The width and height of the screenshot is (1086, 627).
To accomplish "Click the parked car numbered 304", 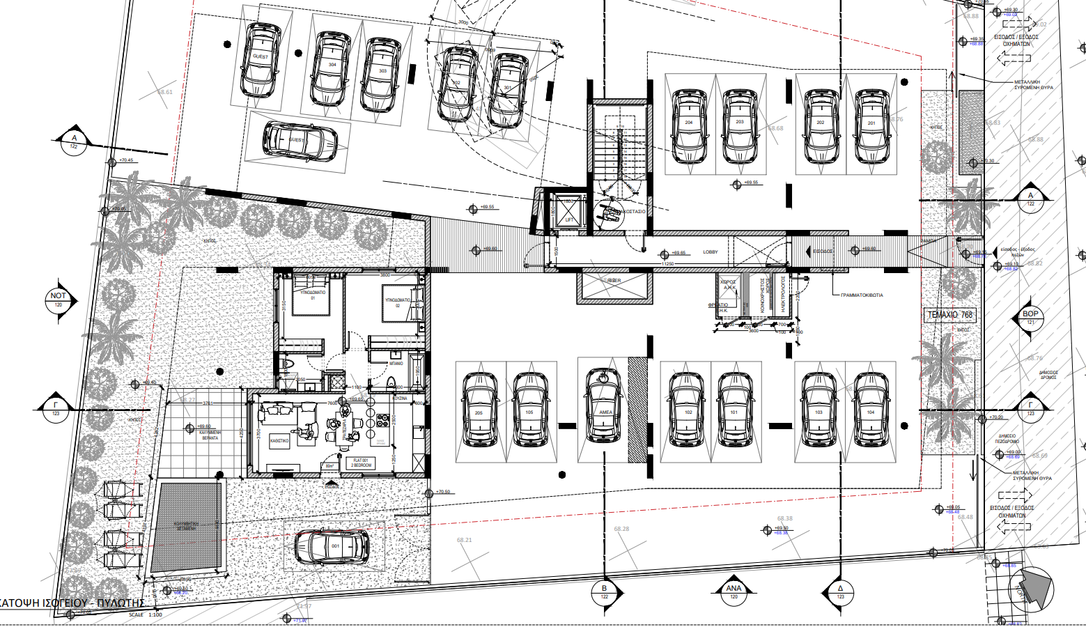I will (x=331, y=68).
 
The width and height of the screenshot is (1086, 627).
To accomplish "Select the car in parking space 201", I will (x=871, y=126).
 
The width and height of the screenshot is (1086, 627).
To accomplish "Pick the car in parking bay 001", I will (x=332, y=547).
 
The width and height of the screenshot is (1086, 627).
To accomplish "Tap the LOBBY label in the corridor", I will (x=710, y=252).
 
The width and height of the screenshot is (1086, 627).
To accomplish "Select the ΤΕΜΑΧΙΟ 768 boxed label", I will (x=949, y=315).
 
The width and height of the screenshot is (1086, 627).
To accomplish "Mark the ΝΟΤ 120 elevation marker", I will (x=58, y=300).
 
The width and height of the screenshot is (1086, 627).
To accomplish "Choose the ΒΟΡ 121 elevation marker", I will (x=1030, y=318).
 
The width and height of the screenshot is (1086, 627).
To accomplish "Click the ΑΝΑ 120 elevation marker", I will (x=734, y=591).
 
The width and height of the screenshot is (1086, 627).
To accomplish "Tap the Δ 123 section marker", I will (x=840, y=591).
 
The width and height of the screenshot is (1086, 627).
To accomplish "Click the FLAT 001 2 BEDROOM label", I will (x=361, y=463).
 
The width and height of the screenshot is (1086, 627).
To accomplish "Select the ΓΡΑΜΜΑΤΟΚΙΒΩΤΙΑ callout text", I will (x=862, y=295).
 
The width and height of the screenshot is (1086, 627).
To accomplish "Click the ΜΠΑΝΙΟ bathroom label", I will (x=396, y=364).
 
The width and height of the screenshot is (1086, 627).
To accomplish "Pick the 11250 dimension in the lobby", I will (x=667, y=264).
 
